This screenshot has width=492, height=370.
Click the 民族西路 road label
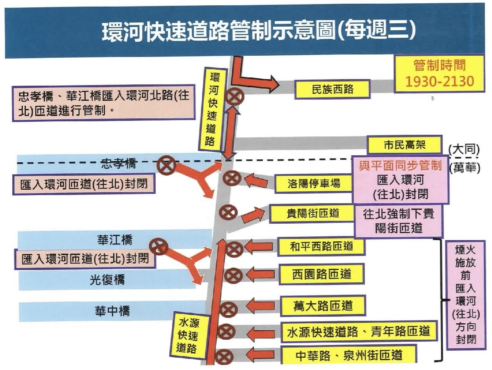click(333, 89)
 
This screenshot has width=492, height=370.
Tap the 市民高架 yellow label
click(404, 145)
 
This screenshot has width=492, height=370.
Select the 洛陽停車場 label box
click(314, 184)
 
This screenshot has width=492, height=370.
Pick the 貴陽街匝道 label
click(312, 213)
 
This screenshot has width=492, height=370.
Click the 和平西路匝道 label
click(321, 247)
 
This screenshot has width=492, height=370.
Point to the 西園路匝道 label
click(321, 274)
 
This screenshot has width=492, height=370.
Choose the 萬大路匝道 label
click(323, 306)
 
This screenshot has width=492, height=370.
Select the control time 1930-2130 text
click(440, 81)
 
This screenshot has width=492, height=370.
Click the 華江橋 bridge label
click(115, 240)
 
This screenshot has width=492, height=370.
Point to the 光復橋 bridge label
click(107, 280)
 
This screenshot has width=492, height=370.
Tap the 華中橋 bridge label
click(112, 311)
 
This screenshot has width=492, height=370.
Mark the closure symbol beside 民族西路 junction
click(234, 97)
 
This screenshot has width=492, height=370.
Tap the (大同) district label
click(464, 150)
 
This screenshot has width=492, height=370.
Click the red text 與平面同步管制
click(400, 166)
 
